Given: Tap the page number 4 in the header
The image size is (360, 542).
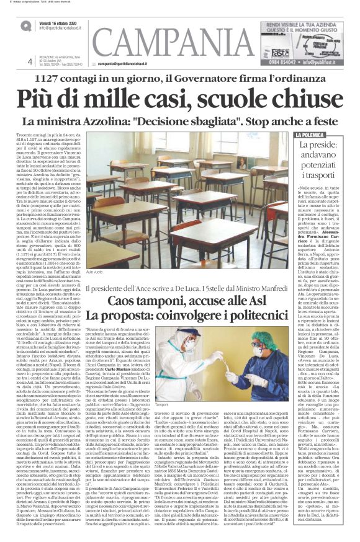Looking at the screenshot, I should tap(29, 61).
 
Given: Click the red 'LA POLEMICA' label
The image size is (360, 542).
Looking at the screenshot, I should tap(311, 135).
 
